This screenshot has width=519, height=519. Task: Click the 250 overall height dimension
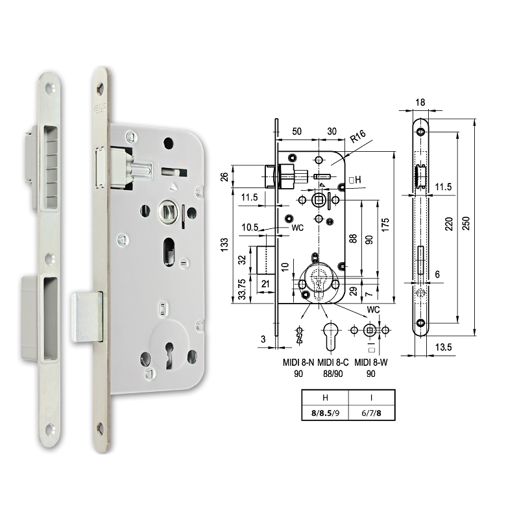pos(465,223)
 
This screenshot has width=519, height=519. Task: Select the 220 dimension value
pos(448,224)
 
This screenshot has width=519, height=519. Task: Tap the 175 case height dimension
pos(385,225)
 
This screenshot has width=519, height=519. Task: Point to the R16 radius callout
pos(358,136)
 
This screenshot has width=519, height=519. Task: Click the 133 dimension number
pos(224,245)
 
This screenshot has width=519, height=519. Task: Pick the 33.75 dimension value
pos(242,289)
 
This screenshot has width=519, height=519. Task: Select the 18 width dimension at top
pos(420,103)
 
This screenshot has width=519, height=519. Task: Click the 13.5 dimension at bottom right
pos(443,347)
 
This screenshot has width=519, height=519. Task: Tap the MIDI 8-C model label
pos(333,363)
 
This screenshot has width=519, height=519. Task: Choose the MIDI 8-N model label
pos(298,363)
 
